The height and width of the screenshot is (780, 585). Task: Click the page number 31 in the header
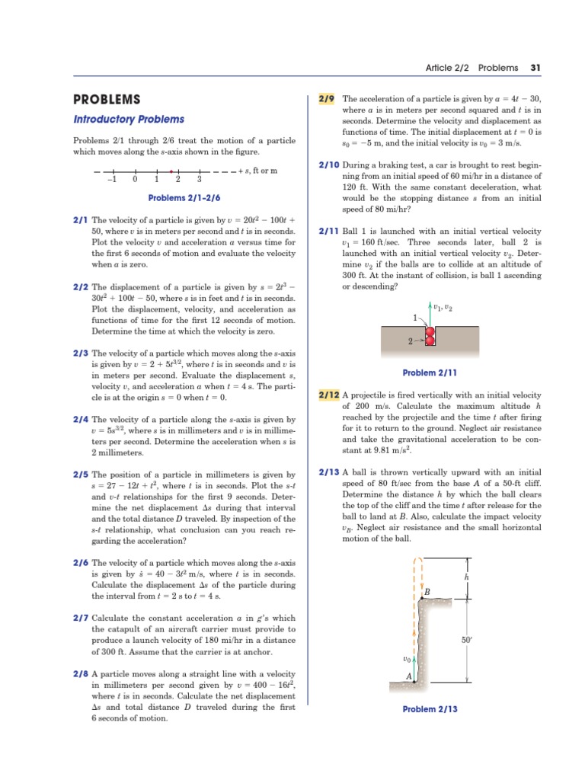[535, 68]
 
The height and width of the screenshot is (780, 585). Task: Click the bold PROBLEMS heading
[107, 100]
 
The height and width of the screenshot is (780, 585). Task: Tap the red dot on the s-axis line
[171, 171]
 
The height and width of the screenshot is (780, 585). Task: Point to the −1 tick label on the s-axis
[111, 180]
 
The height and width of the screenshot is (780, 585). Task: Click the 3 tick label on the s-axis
[199, 180]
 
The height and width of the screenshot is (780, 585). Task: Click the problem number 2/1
[80, 219]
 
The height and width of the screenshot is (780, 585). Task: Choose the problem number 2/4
[80, 419]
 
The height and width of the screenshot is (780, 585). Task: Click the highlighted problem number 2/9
[327, 99]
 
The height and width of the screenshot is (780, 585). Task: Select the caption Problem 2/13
[430, 709]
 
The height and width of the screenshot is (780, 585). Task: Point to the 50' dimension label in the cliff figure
[467, 640]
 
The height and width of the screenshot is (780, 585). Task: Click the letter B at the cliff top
[427, 592]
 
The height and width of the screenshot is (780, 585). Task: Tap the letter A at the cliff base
[409, 676]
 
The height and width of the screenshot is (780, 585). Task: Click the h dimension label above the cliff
[466, 577]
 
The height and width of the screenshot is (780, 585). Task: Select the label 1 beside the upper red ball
[415, 317]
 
